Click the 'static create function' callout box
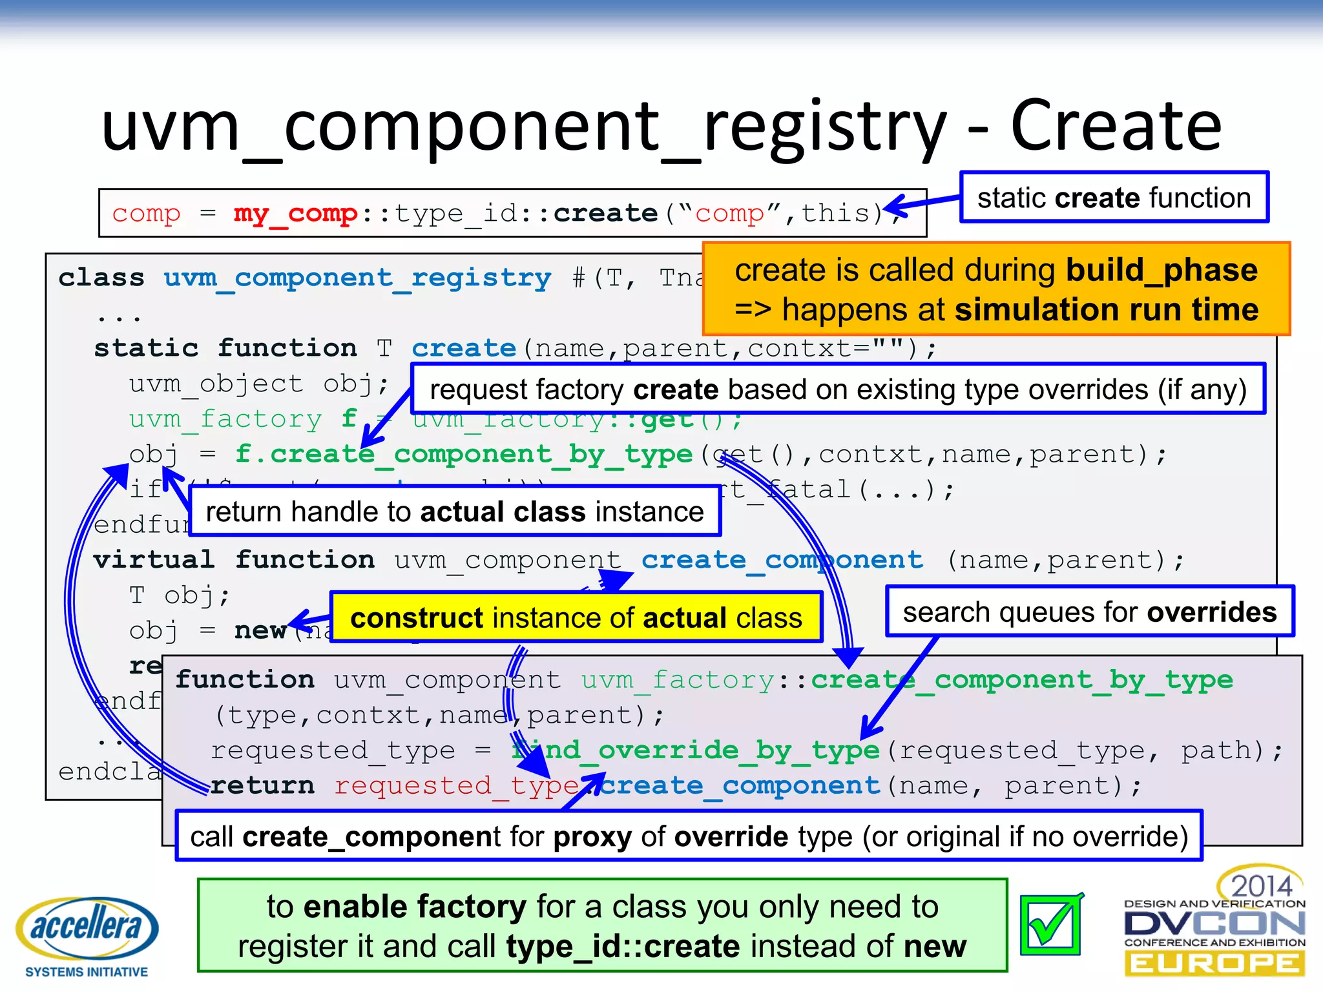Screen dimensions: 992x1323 click(1114, 198)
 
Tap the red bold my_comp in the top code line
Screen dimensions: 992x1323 click(295, 214)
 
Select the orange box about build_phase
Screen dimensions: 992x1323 click(995, 289)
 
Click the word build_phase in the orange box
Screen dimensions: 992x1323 click(1161, 270)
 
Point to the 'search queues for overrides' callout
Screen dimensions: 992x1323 click(1089, 612)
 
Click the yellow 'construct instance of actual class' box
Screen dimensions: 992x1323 click(576, 618)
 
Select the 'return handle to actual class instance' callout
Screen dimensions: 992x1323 click(455, 512)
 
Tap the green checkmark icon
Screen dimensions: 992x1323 click(1050, 925)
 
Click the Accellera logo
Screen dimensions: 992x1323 click(87, 928)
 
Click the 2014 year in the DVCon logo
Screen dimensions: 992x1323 click(1260, 885)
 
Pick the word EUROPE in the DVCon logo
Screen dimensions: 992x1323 click(1214, 964)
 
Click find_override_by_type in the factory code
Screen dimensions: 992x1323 click(696, 750)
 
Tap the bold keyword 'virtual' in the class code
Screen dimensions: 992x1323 click(153, 560)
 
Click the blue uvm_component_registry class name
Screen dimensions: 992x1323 click(357, 278)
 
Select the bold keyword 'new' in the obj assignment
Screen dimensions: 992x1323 click(260, 630)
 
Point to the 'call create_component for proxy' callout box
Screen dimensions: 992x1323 click(689, 836)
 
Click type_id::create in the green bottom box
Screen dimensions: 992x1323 click(623, 946)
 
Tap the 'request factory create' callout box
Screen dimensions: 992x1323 click(838, 389)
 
